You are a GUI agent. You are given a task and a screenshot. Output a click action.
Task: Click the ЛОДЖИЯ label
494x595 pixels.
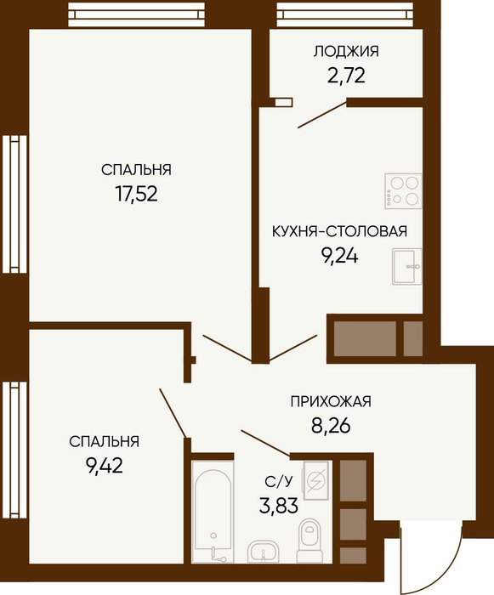346,52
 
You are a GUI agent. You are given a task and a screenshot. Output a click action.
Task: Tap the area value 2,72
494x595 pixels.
346,75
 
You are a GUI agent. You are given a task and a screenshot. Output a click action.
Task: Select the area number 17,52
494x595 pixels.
136,194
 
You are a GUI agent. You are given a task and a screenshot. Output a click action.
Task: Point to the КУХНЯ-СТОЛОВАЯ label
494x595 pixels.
339,231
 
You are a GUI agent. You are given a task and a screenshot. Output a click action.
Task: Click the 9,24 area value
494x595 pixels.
339,256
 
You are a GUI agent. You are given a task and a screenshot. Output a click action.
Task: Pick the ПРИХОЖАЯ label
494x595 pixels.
331,401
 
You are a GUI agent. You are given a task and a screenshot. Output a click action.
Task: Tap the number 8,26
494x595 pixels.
331,426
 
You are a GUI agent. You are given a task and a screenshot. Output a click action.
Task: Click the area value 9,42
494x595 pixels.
105,466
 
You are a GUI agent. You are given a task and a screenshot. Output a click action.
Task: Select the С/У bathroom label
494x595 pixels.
279,482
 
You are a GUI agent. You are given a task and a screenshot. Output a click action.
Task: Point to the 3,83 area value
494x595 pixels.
279,506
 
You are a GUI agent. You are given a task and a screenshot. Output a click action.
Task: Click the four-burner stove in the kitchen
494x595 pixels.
403,191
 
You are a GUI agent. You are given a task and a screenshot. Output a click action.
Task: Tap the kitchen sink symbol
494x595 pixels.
406,266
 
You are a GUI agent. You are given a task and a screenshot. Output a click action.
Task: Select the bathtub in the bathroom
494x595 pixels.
213,512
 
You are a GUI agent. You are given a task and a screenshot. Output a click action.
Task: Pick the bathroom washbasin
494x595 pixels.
263,552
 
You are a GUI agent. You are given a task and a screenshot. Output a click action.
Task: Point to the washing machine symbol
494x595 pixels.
316,480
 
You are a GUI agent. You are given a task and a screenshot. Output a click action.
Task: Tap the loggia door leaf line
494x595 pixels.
322,114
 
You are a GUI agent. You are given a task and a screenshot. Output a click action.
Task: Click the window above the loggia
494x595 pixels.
344,14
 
